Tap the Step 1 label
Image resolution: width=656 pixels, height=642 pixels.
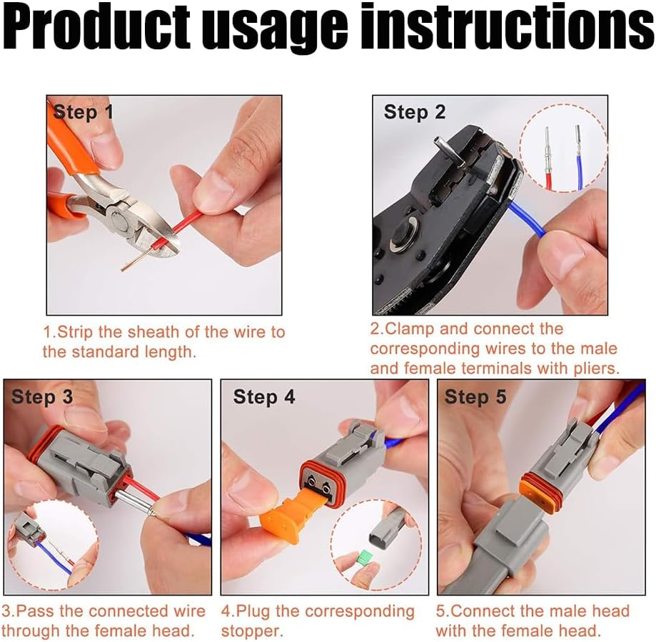pos(84,112)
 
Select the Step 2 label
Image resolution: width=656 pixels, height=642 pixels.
pos(415,112)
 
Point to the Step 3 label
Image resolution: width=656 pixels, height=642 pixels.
pos(42,397)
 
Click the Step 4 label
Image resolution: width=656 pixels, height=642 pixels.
pos(264,397)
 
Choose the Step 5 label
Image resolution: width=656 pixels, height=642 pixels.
pos(475,397)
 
